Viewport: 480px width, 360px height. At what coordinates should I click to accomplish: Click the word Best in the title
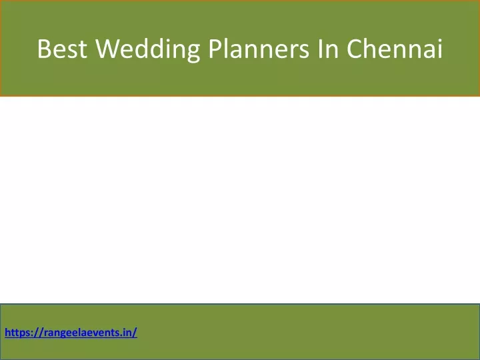(x=62, y=49)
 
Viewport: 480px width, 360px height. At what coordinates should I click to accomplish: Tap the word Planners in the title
(x=259, y=49)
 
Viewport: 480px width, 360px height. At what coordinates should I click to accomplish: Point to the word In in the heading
(x=328, y=49)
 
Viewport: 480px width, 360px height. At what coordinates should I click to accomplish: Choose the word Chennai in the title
(x=395, y=49)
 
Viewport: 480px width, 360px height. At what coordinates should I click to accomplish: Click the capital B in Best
(x=43, y=49)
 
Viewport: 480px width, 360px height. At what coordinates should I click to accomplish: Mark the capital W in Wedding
(x=107, y=49)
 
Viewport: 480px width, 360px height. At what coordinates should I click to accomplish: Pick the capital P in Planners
(x=215, y=49)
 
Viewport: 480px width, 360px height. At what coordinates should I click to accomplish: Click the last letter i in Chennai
(x=440, y=49)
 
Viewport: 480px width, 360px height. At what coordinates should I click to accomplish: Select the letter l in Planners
(x=227, y=48)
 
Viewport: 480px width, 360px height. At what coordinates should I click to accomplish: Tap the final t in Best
(x=83, y=49)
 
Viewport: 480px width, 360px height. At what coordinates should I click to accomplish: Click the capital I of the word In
(x=321, y=49)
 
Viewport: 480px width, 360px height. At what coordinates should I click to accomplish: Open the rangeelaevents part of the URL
(x=83, y=333)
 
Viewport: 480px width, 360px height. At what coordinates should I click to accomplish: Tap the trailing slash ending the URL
(x=135, y=333)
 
